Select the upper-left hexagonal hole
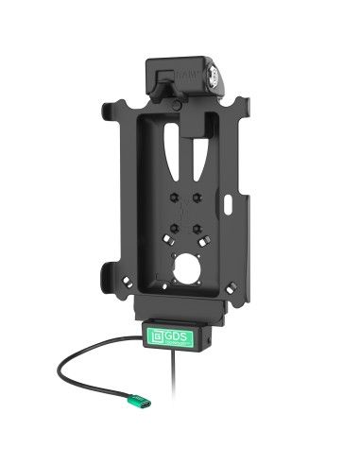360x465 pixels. (x=172, y=198)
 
